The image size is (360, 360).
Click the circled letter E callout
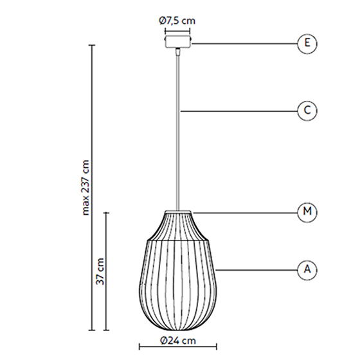click(307, 44)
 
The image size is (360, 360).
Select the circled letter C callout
click(307, 111)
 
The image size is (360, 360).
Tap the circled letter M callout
click(307, 212)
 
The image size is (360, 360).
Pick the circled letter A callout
click(307, 270)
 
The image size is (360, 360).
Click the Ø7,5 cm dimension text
click(177, 21)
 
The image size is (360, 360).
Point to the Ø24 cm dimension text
click(178, 341)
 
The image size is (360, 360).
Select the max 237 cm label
click(85, 188)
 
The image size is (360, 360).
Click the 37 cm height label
click(100, 271)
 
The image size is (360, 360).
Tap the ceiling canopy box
click(177, 41)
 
